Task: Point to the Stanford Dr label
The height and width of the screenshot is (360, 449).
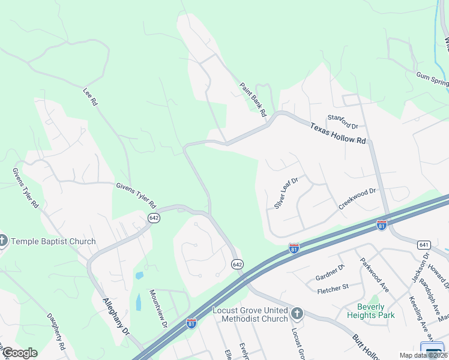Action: coord(342,122)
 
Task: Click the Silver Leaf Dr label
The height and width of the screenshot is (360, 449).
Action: coord(286,192)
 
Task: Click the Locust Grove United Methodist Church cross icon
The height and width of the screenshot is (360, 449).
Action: coord(296,313)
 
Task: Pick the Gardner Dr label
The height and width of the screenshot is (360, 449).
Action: coord(330,274)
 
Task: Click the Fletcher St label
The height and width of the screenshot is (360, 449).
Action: coord(333,289)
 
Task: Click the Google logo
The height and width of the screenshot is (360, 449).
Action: coord(20,353)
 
